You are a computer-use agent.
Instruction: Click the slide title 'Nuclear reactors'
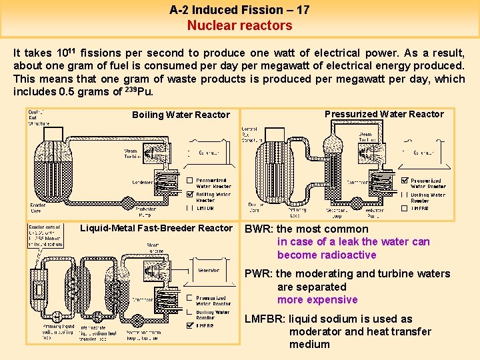point(239,25)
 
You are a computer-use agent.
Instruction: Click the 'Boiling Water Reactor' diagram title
point(181,115)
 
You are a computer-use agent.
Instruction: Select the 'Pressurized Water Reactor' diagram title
point(384,114)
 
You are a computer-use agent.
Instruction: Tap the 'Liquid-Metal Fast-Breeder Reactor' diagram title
point(157,228)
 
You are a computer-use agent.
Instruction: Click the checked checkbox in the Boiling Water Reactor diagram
point(190,194)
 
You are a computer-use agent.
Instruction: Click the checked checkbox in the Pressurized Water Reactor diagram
point(406,180)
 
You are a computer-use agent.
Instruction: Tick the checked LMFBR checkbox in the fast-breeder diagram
point(190,326)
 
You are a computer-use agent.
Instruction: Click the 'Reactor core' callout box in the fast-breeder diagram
point(45,235)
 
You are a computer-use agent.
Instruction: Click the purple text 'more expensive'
point(317,300)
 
